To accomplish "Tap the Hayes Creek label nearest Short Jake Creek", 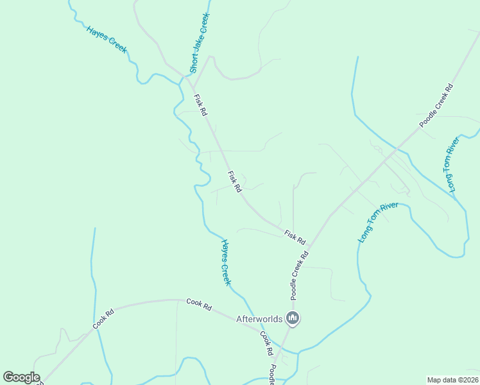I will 107,38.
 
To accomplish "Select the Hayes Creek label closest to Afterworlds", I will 225,262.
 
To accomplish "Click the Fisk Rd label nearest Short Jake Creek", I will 200,105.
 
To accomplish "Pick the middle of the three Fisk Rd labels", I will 234,182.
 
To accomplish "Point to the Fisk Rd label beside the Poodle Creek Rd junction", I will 295,237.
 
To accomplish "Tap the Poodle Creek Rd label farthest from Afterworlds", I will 436,105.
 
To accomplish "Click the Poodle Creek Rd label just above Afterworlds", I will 299,275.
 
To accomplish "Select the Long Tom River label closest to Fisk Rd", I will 379,222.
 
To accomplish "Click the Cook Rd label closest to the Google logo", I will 103,319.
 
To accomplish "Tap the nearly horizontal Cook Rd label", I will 199,304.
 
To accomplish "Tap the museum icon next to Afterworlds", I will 293,318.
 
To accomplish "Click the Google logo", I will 21,377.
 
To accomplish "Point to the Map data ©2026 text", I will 452,380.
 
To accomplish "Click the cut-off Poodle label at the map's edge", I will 272,375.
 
